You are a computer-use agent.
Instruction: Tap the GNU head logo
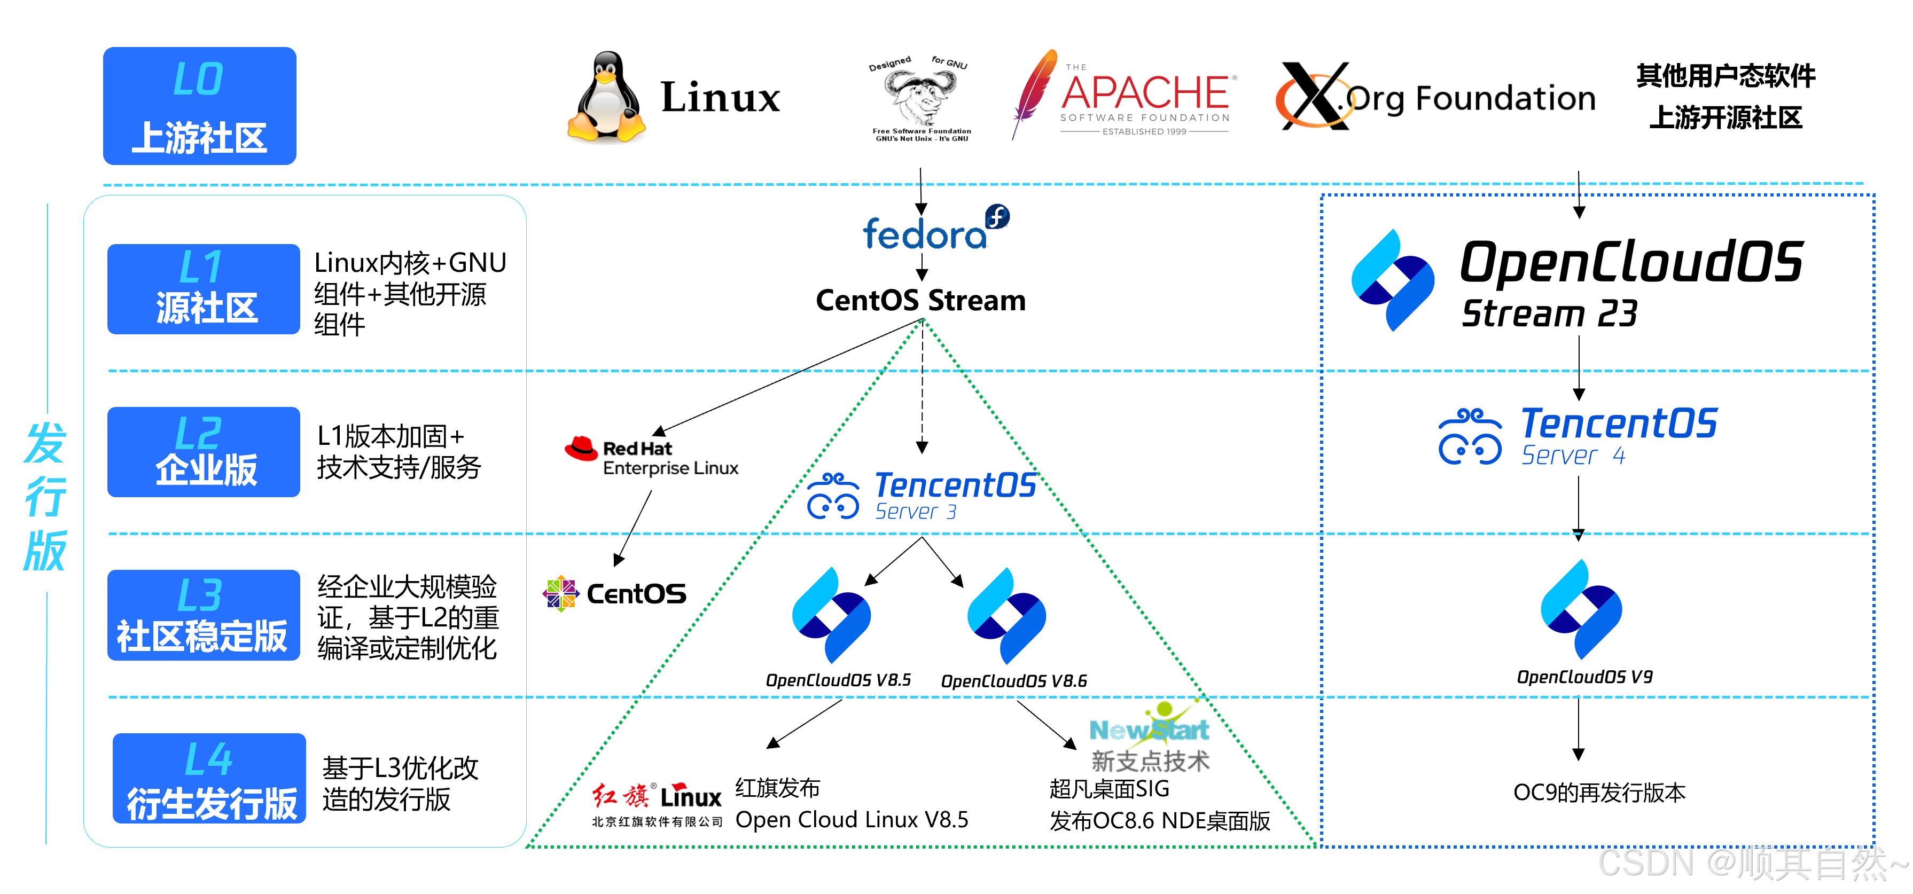point(919,97)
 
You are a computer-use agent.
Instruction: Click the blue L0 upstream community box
point(199,105)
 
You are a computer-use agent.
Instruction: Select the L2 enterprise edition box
point(204,451)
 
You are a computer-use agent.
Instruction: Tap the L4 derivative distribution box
point(209,778)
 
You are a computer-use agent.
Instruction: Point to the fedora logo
point(934,228)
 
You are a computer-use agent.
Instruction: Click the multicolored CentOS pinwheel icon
point(561,593)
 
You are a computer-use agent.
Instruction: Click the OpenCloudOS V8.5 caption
point(838,680)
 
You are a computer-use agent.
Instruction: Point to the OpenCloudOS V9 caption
point(1584,677)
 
